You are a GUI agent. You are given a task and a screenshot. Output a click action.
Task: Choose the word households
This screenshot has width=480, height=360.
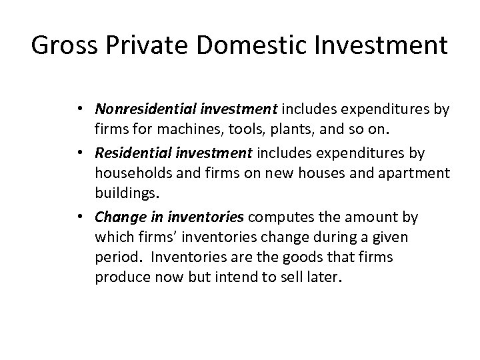point(129,172)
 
